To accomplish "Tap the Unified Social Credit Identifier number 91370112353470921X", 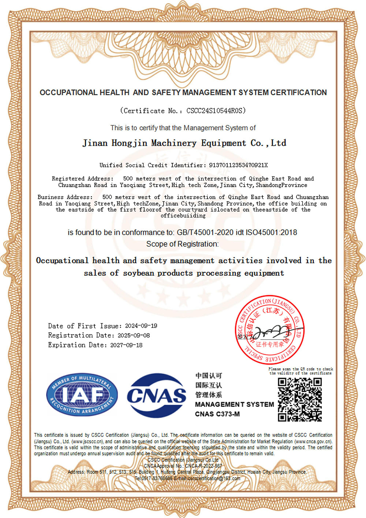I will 238,165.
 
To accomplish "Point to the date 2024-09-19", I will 141,326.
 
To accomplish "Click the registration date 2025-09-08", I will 134,335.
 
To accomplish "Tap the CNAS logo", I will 156,395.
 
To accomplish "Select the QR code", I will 299,399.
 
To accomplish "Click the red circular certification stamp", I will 270,329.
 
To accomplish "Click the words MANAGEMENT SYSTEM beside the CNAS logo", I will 234,405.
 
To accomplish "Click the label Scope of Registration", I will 182,244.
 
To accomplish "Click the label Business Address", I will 65,197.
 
